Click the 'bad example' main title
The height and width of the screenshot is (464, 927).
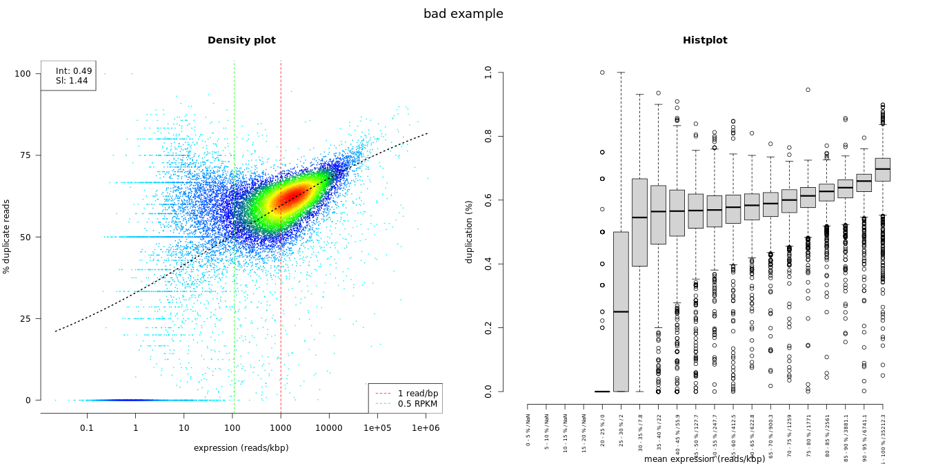click(x=463, y=14)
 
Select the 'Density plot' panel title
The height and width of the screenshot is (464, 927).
click(x=241, y=41)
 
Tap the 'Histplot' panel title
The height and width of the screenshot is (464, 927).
click(x=705, y=41)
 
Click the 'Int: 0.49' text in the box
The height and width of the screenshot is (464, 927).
click(x=74, y=71)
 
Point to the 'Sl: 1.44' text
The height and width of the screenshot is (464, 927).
click(x=72, y=81)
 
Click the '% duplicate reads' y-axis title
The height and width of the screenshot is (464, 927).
click(x=7, y=236)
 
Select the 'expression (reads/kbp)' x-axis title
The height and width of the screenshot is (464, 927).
click(x=241, y=448)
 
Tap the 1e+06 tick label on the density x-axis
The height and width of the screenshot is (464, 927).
click(x=426, y=428)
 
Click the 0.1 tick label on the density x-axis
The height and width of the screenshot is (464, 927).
click(x=87, y=428)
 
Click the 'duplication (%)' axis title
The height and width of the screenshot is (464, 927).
click(x=470, y=231)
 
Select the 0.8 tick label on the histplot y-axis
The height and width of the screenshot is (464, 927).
click(x=489, y=135)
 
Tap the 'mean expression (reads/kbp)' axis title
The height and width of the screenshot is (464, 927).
click(x=705, y=459)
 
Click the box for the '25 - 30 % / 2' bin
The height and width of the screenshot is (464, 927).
click(x=621, y=311)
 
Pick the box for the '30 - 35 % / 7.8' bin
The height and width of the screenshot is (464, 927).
click(x=639, y=222)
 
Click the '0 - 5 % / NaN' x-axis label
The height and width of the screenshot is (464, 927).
click(x=528, y=429)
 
